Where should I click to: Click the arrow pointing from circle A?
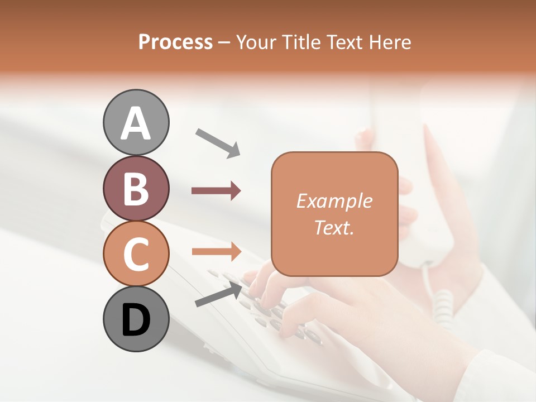218,142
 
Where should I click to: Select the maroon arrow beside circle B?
216,191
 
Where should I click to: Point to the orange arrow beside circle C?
216,252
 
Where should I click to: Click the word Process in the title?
175,42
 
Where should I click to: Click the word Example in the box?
334,201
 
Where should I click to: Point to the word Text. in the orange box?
334,227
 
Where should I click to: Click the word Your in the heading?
256,42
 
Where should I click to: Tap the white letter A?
136,123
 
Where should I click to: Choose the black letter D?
136,320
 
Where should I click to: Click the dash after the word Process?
224,42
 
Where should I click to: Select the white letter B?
136,189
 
